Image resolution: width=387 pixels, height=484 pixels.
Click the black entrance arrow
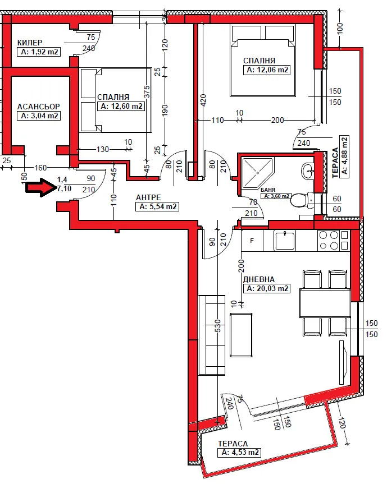(40, 187)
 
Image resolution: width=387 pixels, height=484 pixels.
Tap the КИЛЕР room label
(30, 43)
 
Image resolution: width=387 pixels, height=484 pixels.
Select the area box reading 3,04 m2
(39, 116)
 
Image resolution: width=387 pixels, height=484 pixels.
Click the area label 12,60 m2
(121, 107)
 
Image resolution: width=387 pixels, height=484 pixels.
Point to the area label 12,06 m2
(267, 70)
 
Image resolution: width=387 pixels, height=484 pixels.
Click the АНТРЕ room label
(148, 197)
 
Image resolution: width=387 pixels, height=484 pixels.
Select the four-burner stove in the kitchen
(333, 241)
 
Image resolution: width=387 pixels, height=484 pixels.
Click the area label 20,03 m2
(267, 288)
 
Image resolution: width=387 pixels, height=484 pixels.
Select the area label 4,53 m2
(240, 452)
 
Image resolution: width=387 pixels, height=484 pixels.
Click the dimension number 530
(218, 327)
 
